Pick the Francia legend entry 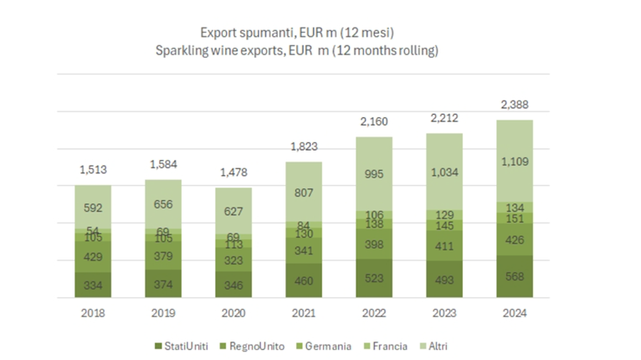pos(388,345)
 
